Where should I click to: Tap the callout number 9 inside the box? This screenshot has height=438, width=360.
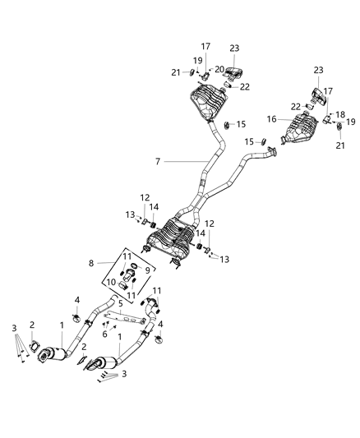(x=147, y=270)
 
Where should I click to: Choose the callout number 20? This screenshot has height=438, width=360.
(x=219, y=69)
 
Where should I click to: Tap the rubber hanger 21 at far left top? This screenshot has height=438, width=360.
(x=191, y=73)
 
